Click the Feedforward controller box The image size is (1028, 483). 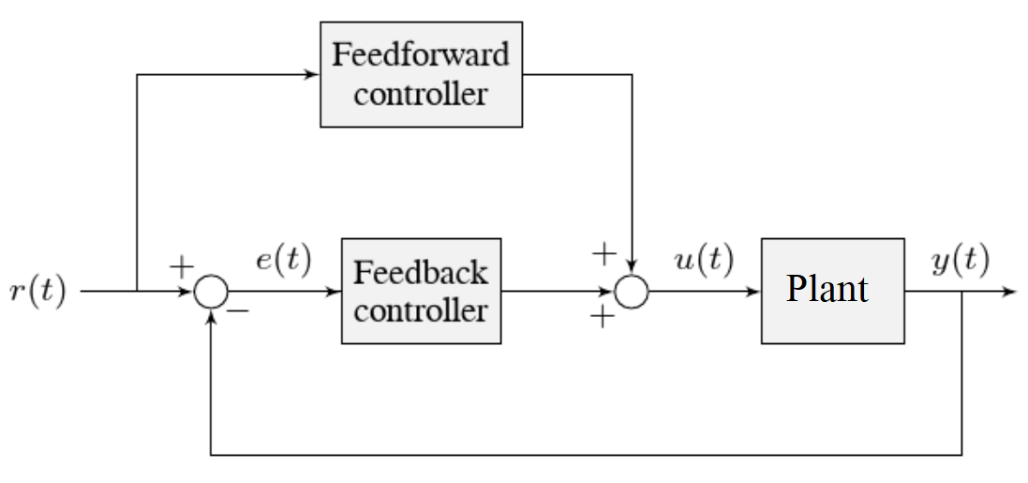pos(421,74)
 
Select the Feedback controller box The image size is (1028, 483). pos(421,291)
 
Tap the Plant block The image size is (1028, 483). pos(832,291)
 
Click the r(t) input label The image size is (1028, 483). pos(38,292)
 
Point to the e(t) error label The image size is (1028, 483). pos(283,259)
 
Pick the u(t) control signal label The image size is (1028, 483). pos(704,259)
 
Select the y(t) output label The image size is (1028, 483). pos(961,259)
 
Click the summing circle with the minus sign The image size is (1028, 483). pos(211,292)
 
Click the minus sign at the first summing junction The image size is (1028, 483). pos(238,311)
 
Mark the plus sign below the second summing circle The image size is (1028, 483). pos(602,318)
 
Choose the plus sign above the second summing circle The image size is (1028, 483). pos(604,252)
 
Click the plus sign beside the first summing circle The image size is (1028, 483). pos(180,265)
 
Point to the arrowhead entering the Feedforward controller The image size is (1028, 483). pos(314,74)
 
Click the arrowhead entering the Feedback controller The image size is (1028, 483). pos(335,292)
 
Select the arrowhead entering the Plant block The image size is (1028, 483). pos(754,292)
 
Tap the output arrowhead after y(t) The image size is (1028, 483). pos(1010,292)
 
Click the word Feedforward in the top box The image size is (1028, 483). pos(421,54)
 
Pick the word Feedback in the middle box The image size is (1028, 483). pos(421,273)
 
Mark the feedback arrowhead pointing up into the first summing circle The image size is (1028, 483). pos(211,315)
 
